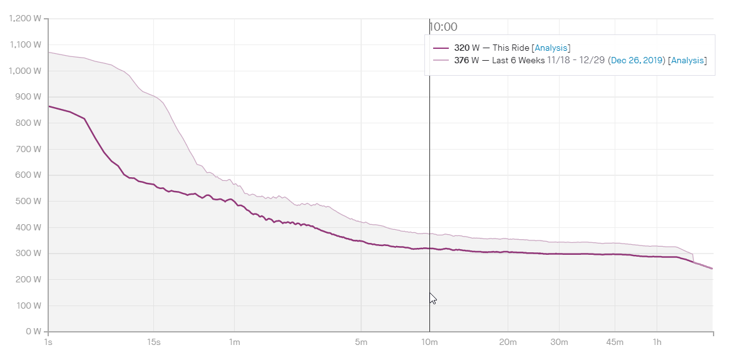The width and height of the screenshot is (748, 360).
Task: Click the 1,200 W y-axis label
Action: pos(26,18)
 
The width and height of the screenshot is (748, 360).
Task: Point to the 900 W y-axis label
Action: pos(29,96)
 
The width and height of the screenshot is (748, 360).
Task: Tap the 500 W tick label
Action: pos(29,201)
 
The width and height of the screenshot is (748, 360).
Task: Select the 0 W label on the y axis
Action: pos(33,331)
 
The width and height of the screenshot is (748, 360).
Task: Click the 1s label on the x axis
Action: pos(48,342)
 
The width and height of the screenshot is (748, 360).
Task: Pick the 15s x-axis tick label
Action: pos(153,342)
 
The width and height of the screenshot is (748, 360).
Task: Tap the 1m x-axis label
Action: pos(234,342)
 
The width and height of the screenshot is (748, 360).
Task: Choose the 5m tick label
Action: pos(361,342)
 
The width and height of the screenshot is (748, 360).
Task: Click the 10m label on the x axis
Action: pos(429,342)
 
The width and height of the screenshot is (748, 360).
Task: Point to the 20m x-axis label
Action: pos(508,342)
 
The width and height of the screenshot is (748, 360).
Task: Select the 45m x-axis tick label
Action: pos(615,342)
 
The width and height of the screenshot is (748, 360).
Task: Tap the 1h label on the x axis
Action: pos(657,342)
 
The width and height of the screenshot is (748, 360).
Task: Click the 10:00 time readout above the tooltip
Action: pos(443,27)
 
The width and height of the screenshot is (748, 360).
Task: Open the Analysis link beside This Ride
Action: pos(551,48)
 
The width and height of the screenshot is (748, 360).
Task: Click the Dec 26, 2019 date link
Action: pos(636,60)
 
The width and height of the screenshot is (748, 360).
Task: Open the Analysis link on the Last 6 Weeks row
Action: pos(687,60)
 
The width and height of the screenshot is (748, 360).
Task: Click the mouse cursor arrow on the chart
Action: pos(433,298)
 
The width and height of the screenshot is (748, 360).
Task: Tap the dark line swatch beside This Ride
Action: pos(441,48)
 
